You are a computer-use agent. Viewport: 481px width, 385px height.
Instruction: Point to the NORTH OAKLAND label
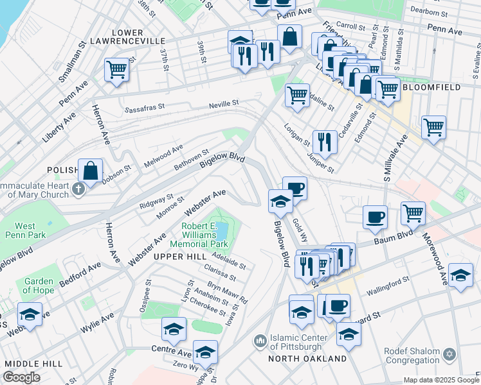tap(308, 359)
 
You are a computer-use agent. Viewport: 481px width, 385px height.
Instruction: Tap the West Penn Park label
tap(25, 230)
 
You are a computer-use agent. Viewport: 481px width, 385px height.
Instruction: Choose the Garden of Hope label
tap(39, 286)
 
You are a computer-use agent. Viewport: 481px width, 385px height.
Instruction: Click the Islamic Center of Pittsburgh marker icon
tap(260, 339)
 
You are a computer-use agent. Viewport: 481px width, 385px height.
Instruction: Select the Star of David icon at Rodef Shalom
tap(450, 354)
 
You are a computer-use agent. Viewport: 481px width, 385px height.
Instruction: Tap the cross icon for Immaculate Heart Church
tap(78, 189)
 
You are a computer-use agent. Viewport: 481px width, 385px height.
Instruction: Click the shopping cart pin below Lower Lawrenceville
tap(116, 69)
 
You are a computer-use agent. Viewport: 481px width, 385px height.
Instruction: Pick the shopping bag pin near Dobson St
tap(91, 171)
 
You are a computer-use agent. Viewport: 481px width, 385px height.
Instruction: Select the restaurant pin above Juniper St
tap(325, 142)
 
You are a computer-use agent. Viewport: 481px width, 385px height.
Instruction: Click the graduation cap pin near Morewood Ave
tap(460, 275)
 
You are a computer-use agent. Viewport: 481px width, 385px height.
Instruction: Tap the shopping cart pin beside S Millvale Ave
tap(434, 126)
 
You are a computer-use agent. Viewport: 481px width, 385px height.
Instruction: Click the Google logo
tap(22, 377)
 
